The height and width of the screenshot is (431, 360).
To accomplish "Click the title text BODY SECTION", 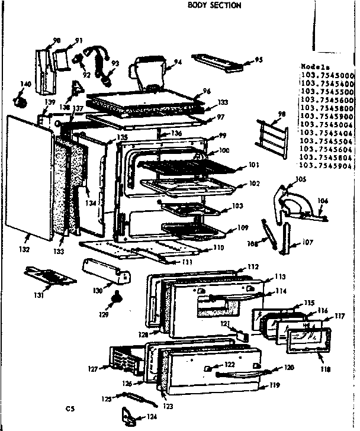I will (x=214, y=5).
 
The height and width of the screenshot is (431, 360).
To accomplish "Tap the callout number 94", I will (x=178, y=62).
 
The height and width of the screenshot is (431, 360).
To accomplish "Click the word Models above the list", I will (x=312, y=67).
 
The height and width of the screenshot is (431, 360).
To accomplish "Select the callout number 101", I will (x=255, y=165).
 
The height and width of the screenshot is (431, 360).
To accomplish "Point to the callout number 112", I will (x=253, y=266).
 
